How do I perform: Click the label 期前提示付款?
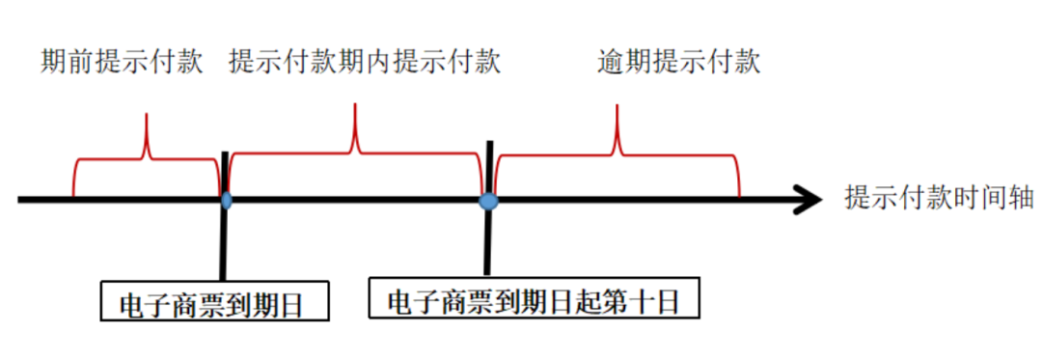coord(123,62)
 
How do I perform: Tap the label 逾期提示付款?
coord(679,62)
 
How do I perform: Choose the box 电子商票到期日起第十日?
coord(534,301)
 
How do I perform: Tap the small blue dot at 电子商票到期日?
coord(226,200)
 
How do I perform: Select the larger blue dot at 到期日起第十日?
coord(488,200)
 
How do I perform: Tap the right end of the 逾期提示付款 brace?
coord(739,189)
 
